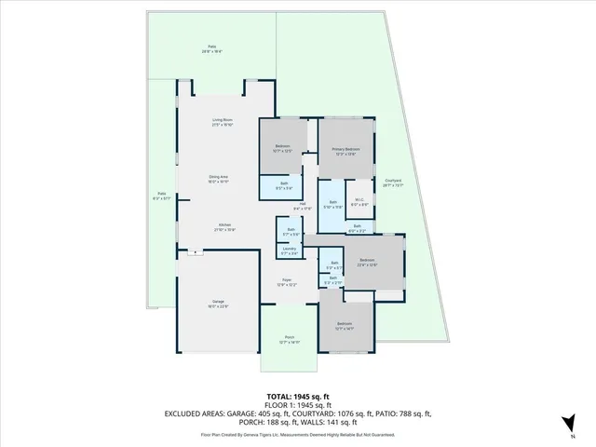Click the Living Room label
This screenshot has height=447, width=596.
(x=222, y=119)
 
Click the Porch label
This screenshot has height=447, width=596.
(x=290, y=337)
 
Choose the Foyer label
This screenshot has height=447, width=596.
(x=290, y=279)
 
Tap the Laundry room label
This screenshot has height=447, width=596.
(x=290, y=249)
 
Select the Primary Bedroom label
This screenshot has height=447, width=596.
(x=345, y=149)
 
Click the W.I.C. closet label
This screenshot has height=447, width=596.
(x=359, y=199)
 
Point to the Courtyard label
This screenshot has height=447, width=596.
(x=393, y=181)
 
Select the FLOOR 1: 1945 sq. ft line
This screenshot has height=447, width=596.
(x=297, y=405)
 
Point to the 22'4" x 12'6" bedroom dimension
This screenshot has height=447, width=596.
(x=367, y=264)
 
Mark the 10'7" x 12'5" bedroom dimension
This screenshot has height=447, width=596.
(x=284, y=151)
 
